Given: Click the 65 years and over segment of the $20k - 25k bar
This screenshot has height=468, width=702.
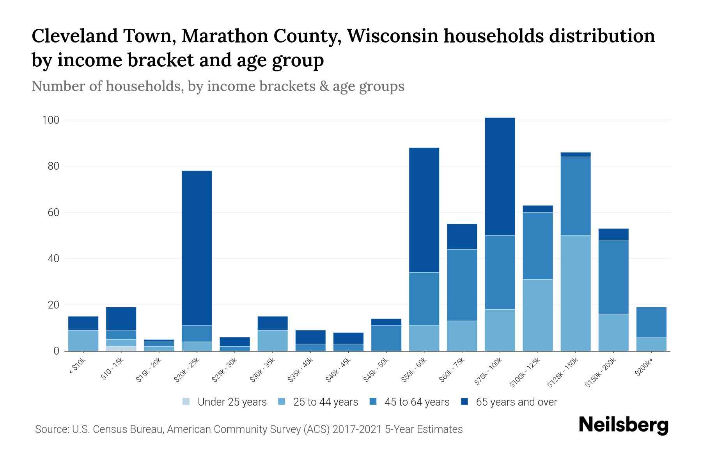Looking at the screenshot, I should point(197,248).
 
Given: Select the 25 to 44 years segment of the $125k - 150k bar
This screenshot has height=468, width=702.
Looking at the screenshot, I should point(575,293).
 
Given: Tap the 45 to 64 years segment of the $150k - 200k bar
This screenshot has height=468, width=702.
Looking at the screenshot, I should point(613,277).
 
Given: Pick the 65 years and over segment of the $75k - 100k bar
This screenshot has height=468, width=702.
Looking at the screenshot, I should point(500,176).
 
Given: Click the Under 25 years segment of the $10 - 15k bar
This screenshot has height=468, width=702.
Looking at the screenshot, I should point(121,349).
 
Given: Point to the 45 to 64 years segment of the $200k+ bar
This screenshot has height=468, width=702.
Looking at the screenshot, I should point(651,322).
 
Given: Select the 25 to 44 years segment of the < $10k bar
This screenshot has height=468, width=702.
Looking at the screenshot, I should point(83,340).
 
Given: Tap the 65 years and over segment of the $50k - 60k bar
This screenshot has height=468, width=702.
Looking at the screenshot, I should point(424,210).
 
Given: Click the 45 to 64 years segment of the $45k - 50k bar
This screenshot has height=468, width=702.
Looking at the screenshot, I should point(386,338).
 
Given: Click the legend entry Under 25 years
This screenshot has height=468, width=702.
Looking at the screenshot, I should point(232,402).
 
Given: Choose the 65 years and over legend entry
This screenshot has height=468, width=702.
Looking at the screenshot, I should point(516,402).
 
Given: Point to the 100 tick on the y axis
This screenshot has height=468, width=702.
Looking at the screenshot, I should point(50,120).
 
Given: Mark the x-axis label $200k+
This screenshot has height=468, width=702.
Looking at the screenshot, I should point(643,368).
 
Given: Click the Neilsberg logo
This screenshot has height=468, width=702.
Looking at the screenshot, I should point(623,425).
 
